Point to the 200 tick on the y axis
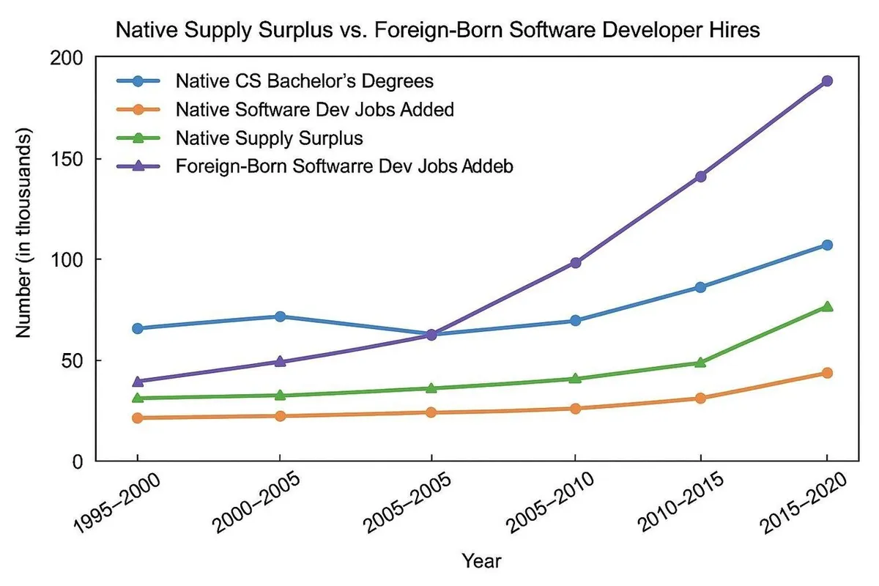tap(71, 58)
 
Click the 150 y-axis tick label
tap(71, 159)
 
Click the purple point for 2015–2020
tap(826, 81)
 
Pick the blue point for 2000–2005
tap(280, 316)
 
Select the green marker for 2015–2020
tap(826, 306)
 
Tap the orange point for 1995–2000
tap(136, 418)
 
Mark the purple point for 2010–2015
tap(700, 176)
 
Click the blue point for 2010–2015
tap(700, 287)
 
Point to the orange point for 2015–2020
tap(826, 373)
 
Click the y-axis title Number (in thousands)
tap(23, 234)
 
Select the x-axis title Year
tap(481, 561)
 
